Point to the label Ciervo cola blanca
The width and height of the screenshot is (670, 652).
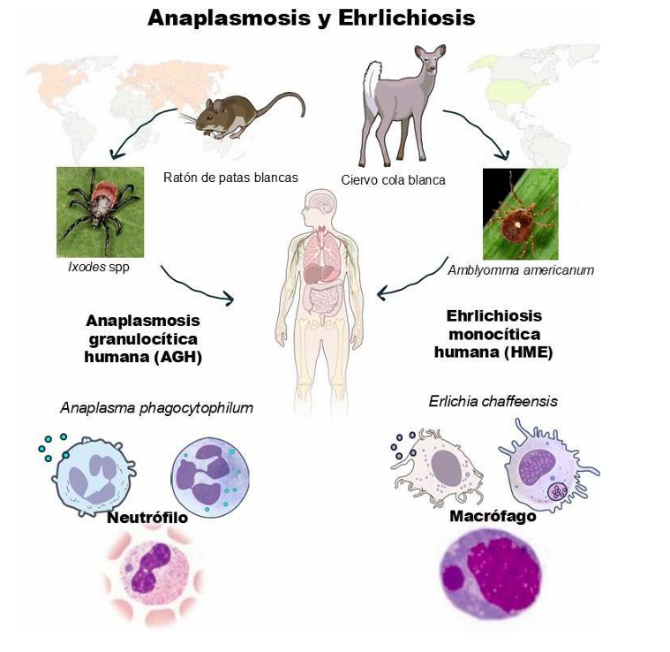click(393, 180)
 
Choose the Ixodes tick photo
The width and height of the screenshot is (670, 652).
click(100, 212)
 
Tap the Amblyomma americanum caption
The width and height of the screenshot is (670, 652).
click(520, 270)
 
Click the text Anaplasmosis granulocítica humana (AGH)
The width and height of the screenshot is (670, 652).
click(142, 338)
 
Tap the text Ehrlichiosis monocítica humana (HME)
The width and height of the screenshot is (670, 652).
click(493, 334)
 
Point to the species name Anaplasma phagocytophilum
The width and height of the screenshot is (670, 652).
click(156, 407)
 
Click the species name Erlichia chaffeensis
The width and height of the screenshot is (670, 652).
click(493, 401)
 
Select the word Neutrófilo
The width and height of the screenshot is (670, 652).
click(147, 518)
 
